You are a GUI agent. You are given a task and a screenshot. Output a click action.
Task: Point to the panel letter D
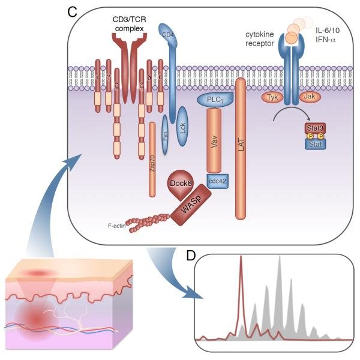click(x=191, y=257)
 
